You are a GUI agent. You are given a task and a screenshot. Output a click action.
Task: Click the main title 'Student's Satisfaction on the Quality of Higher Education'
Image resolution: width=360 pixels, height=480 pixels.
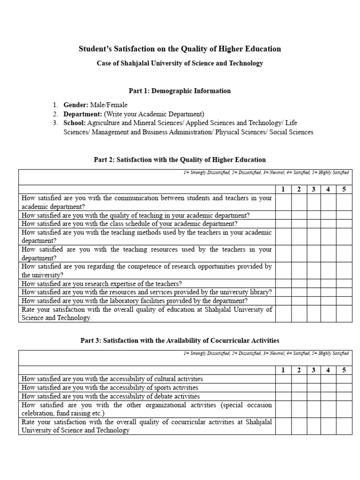pos(180,49)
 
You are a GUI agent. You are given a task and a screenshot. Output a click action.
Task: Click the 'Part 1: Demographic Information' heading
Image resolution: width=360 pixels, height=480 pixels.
pos(180,90)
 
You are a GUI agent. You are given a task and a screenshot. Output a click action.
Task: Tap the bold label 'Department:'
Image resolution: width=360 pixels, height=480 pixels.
pos(83,114)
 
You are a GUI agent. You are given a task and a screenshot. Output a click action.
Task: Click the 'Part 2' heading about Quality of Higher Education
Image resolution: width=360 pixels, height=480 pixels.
pos(180,160)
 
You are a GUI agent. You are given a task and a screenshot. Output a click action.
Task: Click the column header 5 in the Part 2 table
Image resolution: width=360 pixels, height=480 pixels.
pos(344,189)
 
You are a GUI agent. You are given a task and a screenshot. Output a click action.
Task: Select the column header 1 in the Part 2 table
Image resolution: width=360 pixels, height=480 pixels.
pos(283,189)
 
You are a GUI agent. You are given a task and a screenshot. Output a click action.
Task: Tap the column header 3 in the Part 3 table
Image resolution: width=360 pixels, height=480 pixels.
pos(314,370)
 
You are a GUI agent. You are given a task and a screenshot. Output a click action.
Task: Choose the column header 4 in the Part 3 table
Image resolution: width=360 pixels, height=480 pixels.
pos(328,370)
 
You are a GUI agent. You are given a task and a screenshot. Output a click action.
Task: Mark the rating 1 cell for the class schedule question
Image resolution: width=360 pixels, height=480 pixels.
pos(283,224)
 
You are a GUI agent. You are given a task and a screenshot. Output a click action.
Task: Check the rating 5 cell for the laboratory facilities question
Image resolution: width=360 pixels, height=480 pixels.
pos(344,300)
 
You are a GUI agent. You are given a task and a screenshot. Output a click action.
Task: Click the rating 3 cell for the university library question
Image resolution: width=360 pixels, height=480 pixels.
pos(314,292)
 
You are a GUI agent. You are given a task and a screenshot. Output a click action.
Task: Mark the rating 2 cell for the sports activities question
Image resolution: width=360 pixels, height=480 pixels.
pos(299,388)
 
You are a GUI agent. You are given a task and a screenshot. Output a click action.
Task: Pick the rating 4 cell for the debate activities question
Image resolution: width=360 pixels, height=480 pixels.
pos(328,396)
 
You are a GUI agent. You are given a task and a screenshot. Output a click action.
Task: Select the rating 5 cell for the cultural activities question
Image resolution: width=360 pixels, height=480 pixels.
pos(344,379)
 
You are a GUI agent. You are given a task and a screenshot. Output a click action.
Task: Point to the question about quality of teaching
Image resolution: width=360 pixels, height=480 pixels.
pos(135,215)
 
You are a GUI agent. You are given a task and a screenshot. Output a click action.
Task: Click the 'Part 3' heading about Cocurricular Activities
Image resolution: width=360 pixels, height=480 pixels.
pos(180,340)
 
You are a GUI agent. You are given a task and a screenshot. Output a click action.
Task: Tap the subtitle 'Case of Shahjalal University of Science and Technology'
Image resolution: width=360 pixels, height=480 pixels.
pos(180,63)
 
